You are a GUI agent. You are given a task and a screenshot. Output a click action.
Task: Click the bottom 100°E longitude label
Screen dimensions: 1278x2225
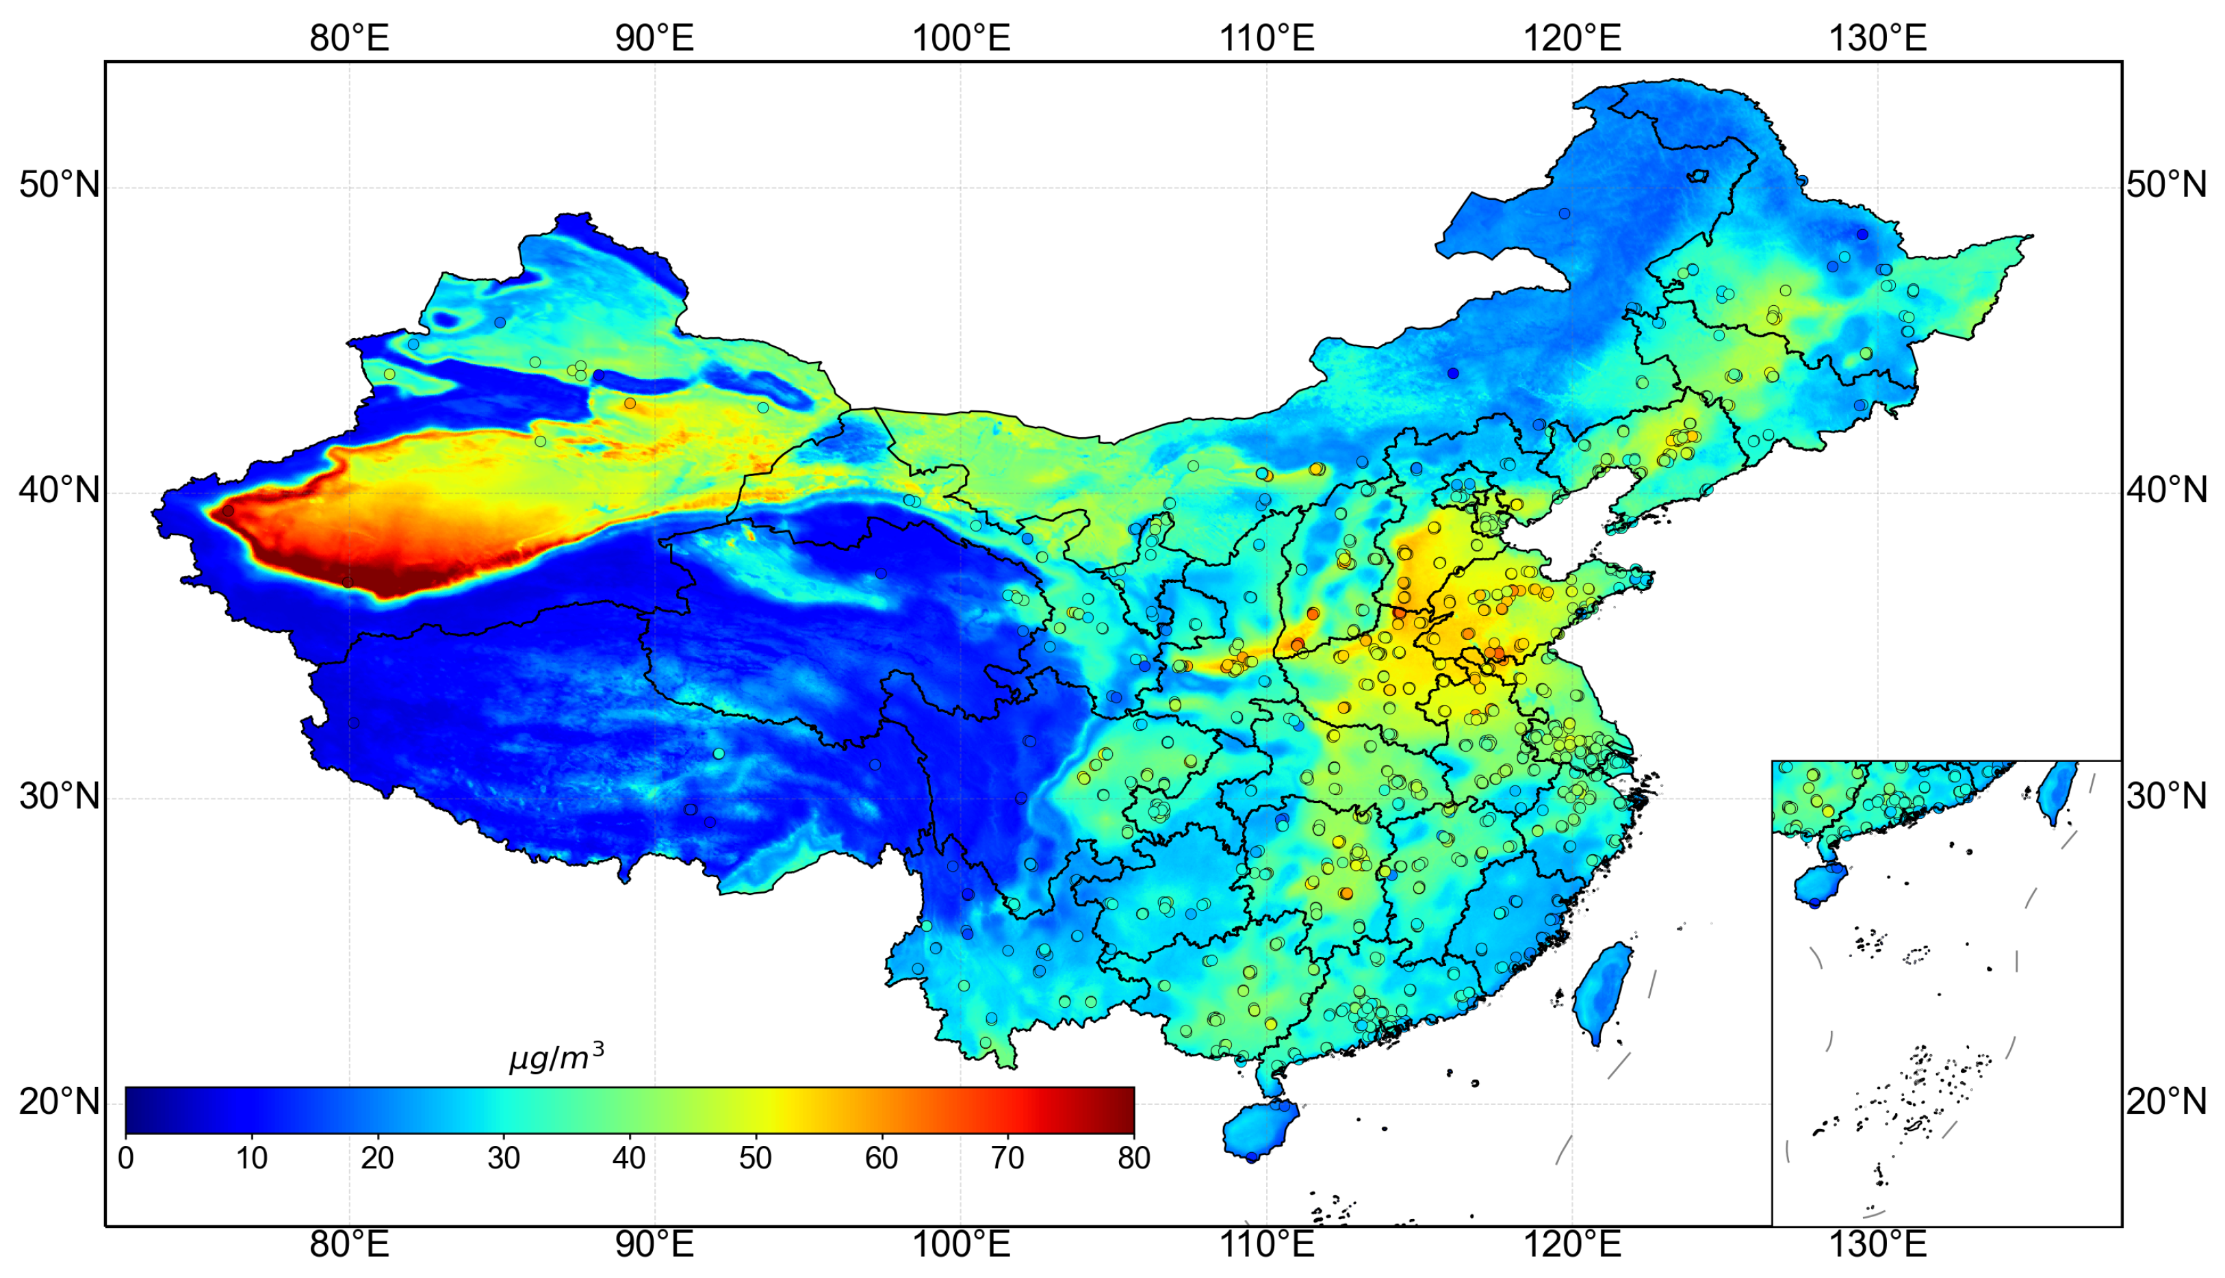pos(961,1244)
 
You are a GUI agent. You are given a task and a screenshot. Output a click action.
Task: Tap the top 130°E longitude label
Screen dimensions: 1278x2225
pos(1877,38)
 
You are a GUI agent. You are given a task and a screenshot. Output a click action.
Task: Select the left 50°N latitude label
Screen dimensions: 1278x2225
pos(59,185)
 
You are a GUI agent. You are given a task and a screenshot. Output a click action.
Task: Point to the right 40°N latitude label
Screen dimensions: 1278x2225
pos(2166,491)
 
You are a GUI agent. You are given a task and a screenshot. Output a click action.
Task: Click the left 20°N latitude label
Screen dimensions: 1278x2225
pos(59,1101)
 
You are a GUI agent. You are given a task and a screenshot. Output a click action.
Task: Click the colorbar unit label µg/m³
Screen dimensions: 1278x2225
pos(556,1058)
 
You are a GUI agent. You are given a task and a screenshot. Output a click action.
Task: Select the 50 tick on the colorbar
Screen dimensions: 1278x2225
pos(755,1159)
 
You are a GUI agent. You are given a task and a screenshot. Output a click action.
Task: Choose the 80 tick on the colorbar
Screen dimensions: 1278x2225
pos(1133,1159)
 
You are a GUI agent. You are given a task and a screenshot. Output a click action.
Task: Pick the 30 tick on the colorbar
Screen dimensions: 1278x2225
pos(503,1159)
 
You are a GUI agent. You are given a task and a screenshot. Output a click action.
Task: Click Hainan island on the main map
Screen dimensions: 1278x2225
pos(1257,1130)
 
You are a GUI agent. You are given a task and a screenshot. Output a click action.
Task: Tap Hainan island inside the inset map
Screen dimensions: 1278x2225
pos(1821,884)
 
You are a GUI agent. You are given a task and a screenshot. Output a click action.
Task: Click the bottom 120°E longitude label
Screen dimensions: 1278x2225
pos(1571,1244)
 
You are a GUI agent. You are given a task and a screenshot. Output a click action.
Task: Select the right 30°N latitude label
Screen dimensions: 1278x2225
pos(2166,796)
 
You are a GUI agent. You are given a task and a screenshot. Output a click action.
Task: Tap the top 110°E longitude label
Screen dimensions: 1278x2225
pos(1266,38)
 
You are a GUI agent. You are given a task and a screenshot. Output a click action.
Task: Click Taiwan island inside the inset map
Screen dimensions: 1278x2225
pos(2057,790)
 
